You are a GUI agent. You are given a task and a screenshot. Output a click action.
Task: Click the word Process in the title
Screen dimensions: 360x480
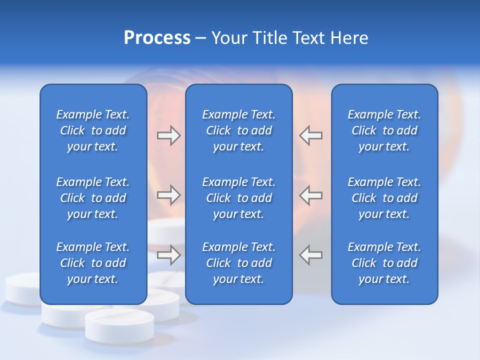tap(157, 38)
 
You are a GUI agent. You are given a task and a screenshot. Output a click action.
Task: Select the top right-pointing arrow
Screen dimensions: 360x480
tap(168, 135)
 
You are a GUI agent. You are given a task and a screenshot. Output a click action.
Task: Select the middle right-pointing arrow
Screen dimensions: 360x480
tap(168, 195)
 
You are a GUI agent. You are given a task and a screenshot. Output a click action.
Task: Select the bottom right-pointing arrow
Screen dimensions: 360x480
tap(168, 255)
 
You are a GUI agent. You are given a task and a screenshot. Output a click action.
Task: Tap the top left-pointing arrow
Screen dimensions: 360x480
tap(311, 135)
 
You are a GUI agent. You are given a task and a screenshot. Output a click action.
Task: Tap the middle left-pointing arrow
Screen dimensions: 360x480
tap(311, 195)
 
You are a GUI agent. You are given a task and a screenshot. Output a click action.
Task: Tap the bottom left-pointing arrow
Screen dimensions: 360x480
tap(311, 255)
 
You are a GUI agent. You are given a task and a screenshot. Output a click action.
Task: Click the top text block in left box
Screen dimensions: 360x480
tap(93, 130)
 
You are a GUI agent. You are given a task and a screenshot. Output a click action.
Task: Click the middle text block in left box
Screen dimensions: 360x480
tap(93, 198)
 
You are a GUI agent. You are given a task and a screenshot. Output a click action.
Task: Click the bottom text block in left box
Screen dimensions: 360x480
tap(93, 263)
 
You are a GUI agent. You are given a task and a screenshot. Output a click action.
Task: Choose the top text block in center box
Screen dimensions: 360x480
tap(238, 130)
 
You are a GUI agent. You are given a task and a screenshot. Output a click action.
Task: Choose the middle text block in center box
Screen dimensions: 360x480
tap(238, 198)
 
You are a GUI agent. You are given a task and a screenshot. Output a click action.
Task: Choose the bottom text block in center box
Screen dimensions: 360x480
tap(238, 263)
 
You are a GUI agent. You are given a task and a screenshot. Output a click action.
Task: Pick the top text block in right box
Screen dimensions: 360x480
tap(384, 130)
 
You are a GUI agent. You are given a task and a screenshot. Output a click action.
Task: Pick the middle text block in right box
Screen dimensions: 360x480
tap(384, 198)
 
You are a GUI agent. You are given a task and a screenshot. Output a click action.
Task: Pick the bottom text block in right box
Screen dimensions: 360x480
tap(384, 263)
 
